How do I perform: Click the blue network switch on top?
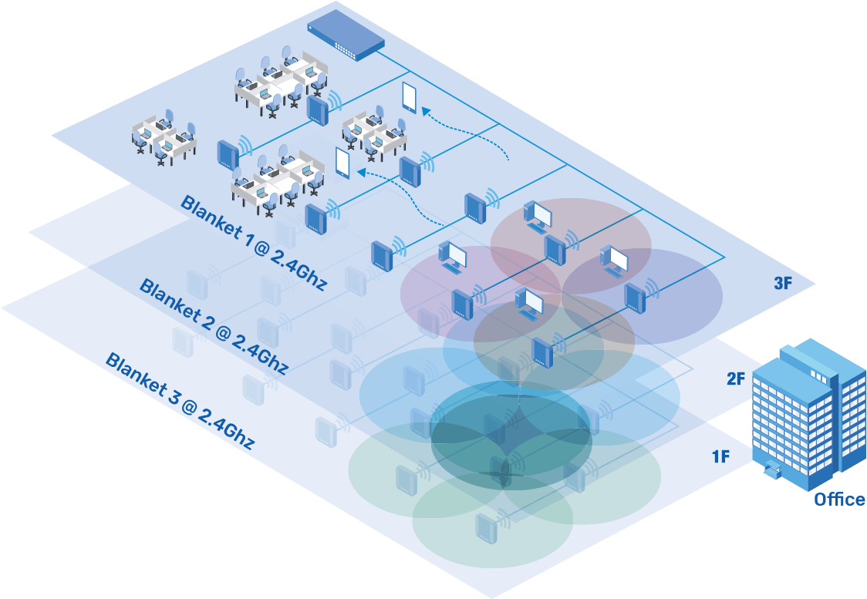(346, 33)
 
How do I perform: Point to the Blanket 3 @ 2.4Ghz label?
(180, 401)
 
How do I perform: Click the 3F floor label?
(783, 284)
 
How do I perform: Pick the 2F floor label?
(736, 379)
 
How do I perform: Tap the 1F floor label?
(721, 456)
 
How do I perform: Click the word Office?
(839, 500)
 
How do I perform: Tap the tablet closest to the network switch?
(409, 98)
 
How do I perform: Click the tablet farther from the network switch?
(343, 163)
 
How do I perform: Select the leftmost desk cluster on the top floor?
(164, 137)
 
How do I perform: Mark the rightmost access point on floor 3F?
(634, 297)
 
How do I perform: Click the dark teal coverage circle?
(511, 432)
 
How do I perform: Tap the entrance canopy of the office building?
(771, 468)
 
